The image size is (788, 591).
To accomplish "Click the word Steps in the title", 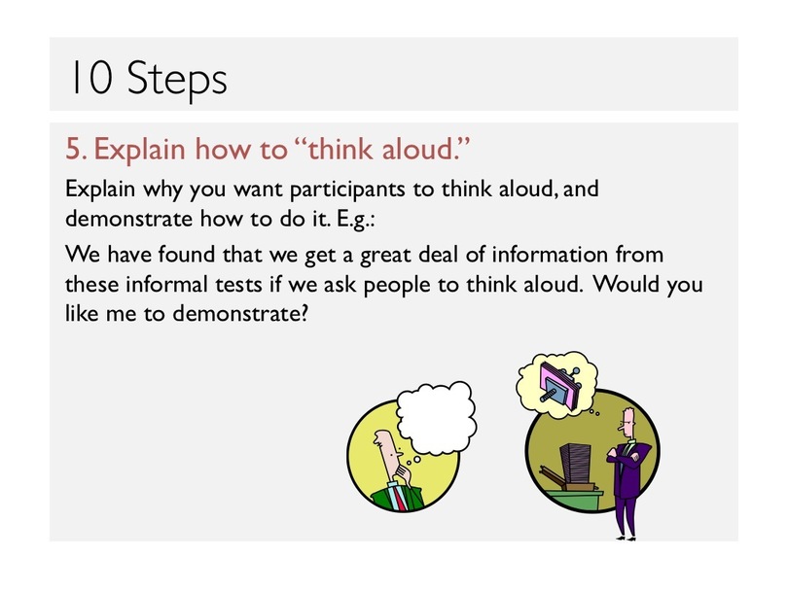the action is pyautogui.click(x=177, y=79).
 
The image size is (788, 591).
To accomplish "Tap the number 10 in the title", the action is pyautogui.click(x=91, y=77).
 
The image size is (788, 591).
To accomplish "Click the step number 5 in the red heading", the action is pyautogui.click(x=75, y=149).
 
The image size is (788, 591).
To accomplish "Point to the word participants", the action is pyautogui.click(x=347, y=189).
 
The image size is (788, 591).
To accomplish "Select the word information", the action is pyautogui.click(x=550, y=254).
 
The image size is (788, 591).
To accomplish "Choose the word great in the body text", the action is pyautogui.click(x=385, y=255).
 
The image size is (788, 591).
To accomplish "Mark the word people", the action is pyautogui.click(x=397, y=286).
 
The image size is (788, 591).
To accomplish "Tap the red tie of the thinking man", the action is pyautogui.click(x=400, y=497).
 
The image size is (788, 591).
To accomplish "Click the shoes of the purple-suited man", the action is pyautogui.click(x=627, y=539).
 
